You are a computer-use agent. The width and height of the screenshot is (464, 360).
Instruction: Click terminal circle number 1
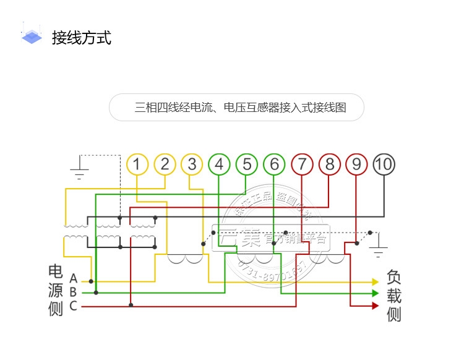pyautogui.click(x=137, y=165)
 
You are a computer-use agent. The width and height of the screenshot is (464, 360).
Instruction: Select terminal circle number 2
pyautogui.click(x=165, y=165)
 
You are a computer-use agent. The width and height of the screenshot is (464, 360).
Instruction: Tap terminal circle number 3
pyautogui.click(x=192, y=165)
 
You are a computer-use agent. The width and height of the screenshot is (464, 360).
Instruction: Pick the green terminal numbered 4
pyautogui.click(x=219, y=165)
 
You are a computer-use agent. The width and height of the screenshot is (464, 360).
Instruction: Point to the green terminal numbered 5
pyautogui.click(x=246, y=165)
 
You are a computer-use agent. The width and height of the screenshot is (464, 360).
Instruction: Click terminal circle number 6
pyautogui.click(x=274, y=165)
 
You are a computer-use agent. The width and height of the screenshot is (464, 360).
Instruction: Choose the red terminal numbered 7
pyautogui.click(x=301, y=165)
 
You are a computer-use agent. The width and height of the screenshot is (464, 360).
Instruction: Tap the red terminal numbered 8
pyautogui.click(x=329, y=165)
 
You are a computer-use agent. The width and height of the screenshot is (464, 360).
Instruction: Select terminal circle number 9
pyautogui.click(x=356, y=165)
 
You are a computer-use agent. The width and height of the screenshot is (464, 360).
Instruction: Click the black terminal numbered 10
pyautogui.click(x=384, y=165)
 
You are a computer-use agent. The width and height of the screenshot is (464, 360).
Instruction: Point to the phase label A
pyautogui.click(x=73, y=278)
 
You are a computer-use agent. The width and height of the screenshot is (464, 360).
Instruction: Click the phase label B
pyautogui.click(x=73, y=292)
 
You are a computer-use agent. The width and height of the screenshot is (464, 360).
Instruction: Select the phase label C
pyautogui.click(x=73, y=306)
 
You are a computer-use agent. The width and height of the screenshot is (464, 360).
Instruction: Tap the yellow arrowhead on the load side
pyautogui.click(x=375, y=282)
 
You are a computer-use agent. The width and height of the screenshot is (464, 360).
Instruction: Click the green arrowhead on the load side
pyautogui.click(x=375, y=293)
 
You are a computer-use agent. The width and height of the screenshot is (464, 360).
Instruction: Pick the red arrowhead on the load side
pyautogui.click(x=375, y=305)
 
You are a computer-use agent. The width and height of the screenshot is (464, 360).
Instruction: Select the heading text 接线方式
pyautogui.click(x=82, y=38)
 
